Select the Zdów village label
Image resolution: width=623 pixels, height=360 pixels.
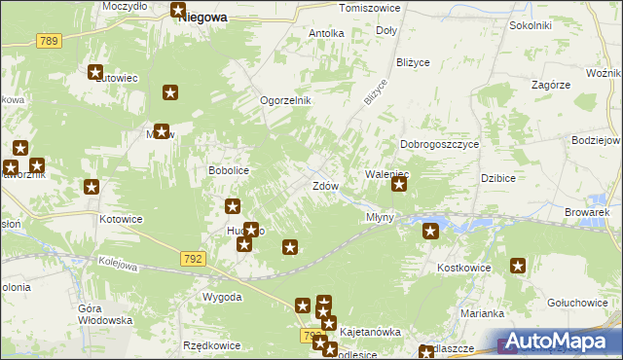(325, 186)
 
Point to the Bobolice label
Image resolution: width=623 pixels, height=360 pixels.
(230, 170)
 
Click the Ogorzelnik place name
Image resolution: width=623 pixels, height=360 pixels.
(284, 100)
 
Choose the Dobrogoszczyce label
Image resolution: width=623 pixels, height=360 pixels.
(440, 144)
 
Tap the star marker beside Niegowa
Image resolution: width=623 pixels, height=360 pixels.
(179, 12)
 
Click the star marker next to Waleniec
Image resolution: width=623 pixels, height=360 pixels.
(399, 182)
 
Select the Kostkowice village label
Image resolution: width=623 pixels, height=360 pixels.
(461, 267)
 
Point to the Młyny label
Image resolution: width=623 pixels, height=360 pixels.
(380, 217)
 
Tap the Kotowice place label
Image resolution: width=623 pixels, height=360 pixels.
(122, 219)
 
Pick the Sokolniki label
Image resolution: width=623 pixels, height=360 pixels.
(531, 25)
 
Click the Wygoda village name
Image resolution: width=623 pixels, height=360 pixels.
(222, 297)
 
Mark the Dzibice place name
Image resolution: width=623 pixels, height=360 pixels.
(497, 178)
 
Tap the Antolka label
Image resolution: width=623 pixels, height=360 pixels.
(326, 33)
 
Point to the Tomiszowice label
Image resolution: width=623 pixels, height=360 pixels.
(369, 8)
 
